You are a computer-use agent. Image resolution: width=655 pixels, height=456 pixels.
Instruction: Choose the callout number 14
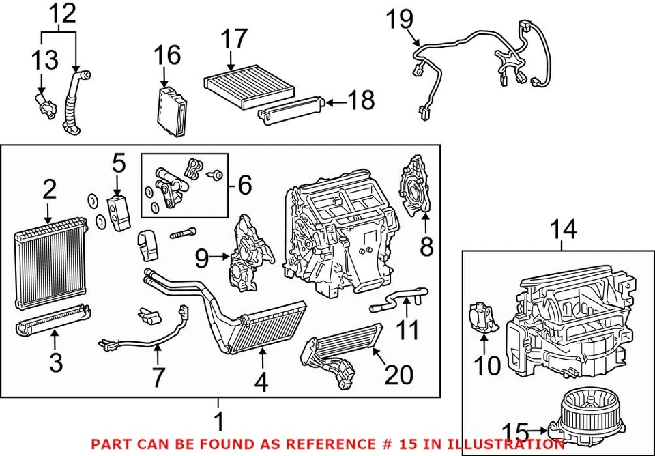[x=564, y=230]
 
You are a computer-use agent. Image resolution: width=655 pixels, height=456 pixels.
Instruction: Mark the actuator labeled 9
[x=246, y=256]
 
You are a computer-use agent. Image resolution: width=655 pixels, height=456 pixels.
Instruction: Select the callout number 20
[x=400, y=373]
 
